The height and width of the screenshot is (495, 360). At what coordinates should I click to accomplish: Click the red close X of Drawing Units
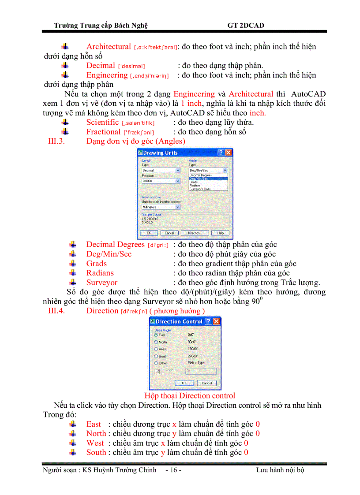coord(228,153)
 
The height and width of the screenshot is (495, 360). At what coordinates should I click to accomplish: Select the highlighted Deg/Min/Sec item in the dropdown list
coord(208,179)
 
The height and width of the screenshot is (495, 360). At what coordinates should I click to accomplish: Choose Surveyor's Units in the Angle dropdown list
coord(200,189)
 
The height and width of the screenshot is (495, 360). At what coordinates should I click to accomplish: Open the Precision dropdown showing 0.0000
coord(161,181)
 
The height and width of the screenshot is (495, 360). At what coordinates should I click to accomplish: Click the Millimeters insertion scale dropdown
coord(161,207)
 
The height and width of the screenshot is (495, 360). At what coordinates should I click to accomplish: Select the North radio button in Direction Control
coord(156,342)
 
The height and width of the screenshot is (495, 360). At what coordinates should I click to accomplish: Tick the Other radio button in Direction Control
coord(156,363)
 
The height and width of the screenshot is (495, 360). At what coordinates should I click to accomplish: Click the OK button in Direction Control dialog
coord(184,383)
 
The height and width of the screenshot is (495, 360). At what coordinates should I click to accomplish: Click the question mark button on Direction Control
coord(208,321)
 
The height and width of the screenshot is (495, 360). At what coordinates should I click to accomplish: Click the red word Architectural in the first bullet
coord(109,47)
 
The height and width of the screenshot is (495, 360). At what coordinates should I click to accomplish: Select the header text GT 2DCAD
coord(246,26)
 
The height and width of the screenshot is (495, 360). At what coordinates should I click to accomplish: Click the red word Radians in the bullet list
coord(100,273)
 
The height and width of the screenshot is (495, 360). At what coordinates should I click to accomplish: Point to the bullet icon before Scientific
coord(65,122)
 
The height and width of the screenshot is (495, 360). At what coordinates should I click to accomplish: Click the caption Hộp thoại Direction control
coord(190,396)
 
